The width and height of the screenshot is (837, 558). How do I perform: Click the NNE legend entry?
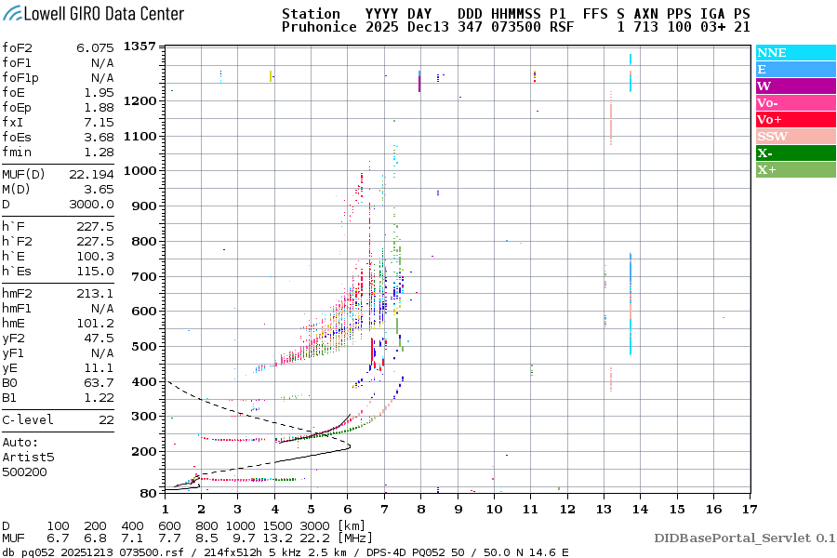pyautogui.click(x=772, y=53)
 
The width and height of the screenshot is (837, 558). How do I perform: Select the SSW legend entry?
pyautogui.click(x=772, y=137)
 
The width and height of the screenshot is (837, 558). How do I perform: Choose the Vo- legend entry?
pyautogui.click(x=768, y=103)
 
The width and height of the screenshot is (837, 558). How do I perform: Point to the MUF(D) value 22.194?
pyautogui.click(x=95, y=175)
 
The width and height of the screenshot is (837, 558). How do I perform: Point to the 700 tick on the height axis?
pyautogui.click(x=144, y=276)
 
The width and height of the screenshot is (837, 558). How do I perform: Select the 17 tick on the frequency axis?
pyautogui.click(x=749, y=509)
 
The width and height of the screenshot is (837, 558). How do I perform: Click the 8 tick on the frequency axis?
pyautogui.click(x=420, y=509)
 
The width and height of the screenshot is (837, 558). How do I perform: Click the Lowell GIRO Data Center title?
pyautogui.click(x=93, y=14)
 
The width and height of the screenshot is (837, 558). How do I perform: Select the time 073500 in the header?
pyautogui.click(x=517, y=28)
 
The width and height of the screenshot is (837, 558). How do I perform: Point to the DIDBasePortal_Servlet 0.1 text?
pyautogui.click(x=744, y=538)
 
